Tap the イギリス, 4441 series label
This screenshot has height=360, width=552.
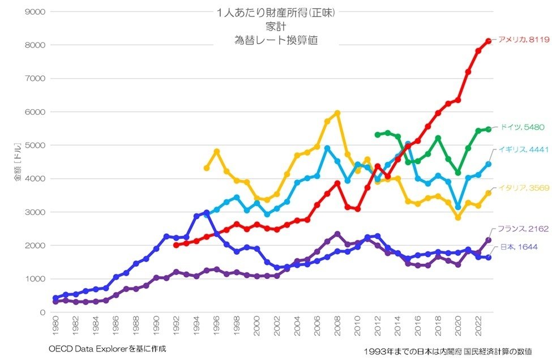tap(523, 150)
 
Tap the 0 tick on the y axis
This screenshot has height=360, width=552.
tap(43, 312)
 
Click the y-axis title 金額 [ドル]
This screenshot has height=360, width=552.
tap(18, 162)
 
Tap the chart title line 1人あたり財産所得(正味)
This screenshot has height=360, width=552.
tap(276, 12)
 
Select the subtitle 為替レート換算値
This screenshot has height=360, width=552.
tap(276, 40)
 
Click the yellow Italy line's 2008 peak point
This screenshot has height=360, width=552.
tap(337, 113)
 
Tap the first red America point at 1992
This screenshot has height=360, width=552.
tap(176, 245)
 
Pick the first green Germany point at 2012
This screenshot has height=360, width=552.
tap(378, 135)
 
